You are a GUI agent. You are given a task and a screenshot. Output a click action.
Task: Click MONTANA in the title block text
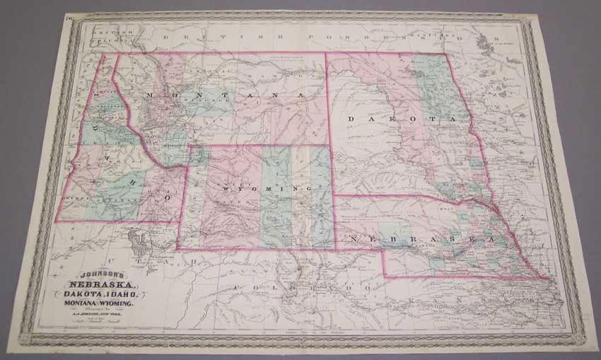tap(78, 303)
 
